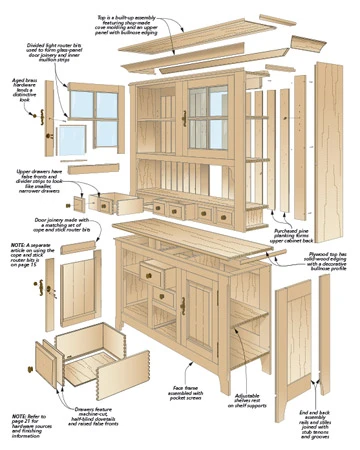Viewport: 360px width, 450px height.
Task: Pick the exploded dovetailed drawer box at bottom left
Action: pos(85,360)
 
